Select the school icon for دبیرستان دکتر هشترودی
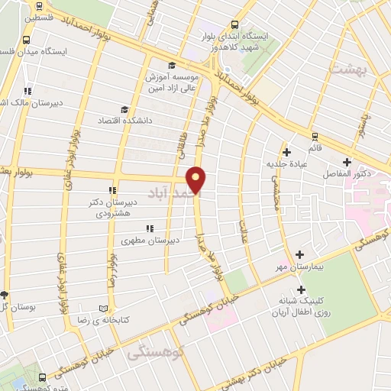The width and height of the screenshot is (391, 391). (x=112, y=190)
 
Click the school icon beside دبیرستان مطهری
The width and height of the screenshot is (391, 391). (x=149, y=228)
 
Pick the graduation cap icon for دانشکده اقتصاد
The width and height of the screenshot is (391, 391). (x=124, y=109)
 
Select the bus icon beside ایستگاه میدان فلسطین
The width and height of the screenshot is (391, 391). (x=27, y=40)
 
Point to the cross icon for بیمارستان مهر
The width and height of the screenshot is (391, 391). (x=299, y=254)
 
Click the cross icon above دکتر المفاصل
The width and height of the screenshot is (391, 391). (x=347, y=162)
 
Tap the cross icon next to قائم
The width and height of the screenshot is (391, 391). (x=286, y=151)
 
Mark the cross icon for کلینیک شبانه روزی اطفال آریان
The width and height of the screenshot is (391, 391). (x=301, y=289)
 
